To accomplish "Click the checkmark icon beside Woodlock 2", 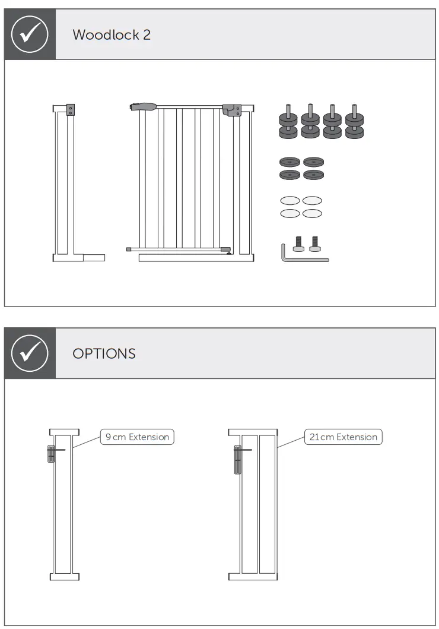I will tap(30, 34).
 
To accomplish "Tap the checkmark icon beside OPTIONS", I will tap(30, 353).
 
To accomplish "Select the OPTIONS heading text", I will tap(104, 354).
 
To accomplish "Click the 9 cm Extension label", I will tap(137, 437).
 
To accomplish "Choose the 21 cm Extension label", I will tap(343, 437).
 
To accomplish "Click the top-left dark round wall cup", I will tap(291, 162).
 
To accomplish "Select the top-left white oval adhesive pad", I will tap(290, 201).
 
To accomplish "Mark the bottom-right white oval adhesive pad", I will tap(312, 213).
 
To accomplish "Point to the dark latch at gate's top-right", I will tap(231, 110).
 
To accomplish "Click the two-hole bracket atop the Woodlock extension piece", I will tap(71, 110).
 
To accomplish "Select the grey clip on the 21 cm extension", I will tap(238, 460).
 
